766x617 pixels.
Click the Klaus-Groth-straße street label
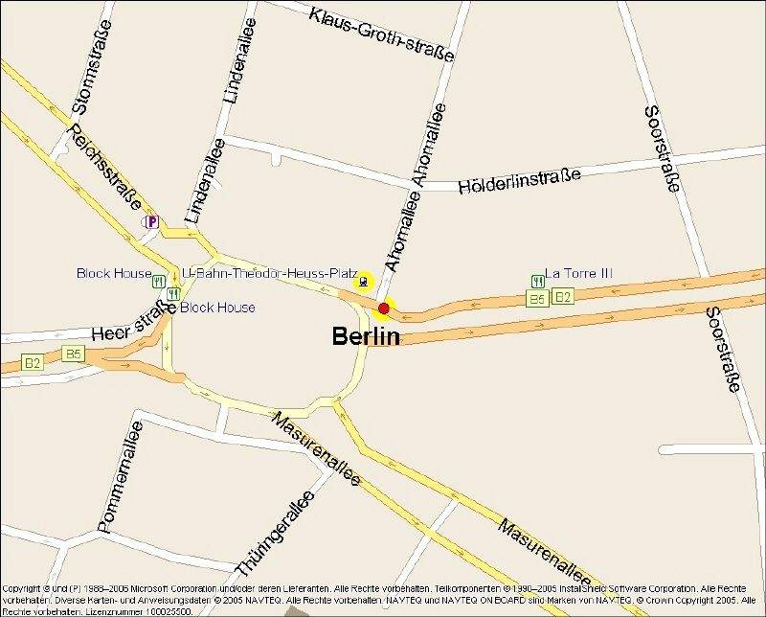(381, 34)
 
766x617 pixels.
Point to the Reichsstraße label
(105, 167)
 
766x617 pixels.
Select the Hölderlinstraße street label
(520, 180)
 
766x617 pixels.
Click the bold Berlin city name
(366, 335)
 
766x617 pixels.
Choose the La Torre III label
(578, 273)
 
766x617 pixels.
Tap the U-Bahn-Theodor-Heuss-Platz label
(269, 273)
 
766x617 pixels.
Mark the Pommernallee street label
(120, 477)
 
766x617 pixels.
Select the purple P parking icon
(151, 222)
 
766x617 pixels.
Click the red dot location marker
(384, 308)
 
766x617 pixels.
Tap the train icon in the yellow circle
(364, 281)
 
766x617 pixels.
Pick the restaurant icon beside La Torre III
(538, 281)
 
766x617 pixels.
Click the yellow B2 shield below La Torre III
(562, 297)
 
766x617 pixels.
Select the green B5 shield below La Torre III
(537, 299)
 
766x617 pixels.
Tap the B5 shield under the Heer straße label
(73, 354)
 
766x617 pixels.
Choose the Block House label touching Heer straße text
(218, 308)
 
